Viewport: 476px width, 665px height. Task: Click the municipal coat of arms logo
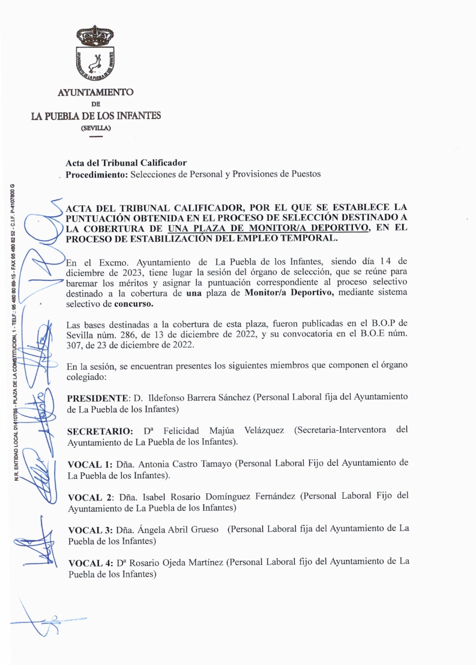[95, 54]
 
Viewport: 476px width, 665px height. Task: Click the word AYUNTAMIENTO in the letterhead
[95, 92]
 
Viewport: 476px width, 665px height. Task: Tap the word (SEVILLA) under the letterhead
[95, 128]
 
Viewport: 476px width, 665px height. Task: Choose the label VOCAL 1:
[90, 464]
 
